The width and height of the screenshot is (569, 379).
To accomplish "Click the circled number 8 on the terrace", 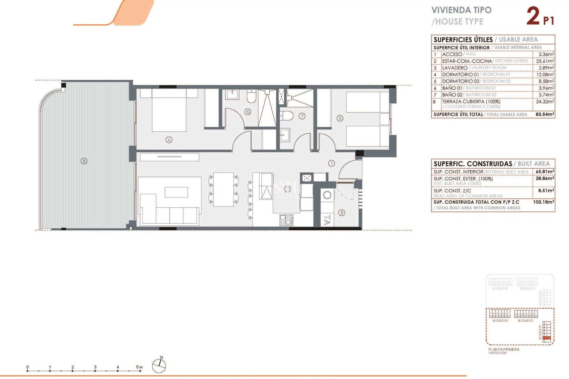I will [x=84, y=161].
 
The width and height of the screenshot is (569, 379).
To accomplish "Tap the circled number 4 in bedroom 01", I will [x=169, y=140].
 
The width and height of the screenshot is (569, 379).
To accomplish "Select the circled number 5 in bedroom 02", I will [x=340, y=118].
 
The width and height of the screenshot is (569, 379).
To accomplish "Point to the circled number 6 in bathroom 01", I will [x=248, y=112].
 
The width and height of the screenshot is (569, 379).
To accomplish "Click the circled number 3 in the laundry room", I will [x=342, y=213].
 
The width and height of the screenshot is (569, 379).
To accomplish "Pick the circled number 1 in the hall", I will [x=331, y=163].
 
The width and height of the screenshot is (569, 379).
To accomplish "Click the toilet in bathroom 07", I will [x=287, y=116].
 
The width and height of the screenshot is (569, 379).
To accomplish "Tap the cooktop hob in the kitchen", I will [x=286, y=220].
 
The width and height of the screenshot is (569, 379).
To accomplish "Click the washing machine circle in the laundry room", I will [x=327, y=195].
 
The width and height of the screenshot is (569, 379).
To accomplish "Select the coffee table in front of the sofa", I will [x=176, y=192].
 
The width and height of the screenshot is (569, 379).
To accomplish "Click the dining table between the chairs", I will [x=223, y=189].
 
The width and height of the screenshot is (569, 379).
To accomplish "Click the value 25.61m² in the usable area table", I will [x=545, y=61].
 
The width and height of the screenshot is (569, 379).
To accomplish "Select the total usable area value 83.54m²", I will [x=545, y=114].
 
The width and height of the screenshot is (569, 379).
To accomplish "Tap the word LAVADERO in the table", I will [x=455, y=68].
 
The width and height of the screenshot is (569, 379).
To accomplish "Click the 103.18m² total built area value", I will [x=544, y=202].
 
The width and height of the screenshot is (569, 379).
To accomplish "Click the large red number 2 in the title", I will [x=533, y=16].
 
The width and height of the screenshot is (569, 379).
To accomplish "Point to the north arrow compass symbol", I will [x=159, y=365].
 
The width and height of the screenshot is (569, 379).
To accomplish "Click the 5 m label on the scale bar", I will [x=139, y=367].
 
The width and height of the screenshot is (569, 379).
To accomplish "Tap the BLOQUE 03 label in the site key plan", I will [x=500, y=321].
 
